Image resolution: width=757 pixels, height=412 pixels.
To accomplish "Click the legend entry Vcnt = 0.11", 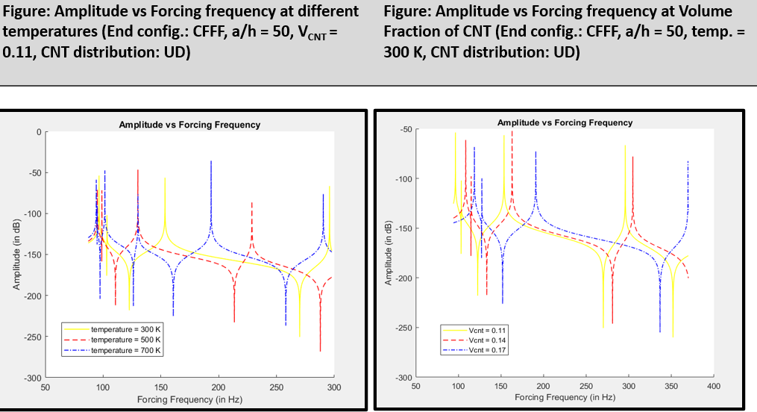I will tap(489, 329).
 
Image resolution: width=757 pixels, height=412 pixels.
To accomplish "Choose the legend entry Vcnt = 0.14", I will tap(489, 339).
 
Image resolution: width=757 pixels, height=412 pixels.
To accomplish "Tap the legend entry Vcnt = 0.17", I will tap(489, 349).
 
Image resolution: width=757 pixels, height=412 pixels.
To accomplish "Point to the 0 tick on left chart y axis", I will tap(39, 132).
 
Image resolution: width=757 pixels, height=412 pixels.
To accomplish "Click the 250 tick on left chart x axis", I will tap(276, 387).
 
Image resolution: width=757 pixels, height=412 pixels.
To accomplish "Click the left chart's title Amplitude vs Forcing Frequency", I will tap(189, 125).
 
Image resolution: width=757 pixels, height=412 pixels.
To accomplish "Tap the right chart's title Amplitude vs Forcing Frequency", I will tap(565, 122).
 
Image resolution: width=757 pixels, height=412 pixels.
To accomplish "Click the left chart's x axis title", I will tap(189, 399).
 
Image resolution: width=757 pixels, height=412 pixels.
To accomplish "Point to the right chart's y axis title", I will tap(389, 253).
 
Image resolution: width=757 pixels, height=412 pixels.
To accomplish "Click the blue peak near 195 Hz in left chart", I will tap(211, 161).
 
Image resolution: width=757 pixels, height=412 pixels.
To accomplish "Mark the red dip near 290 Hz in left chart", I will tap(320, 350).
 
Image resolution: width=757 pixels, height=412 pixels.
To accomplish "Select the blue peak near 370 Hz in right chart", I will tap(688, 162).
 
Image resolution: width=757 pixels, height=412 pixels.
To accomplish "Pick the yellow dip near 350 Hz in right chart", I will tap(673, 336).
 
